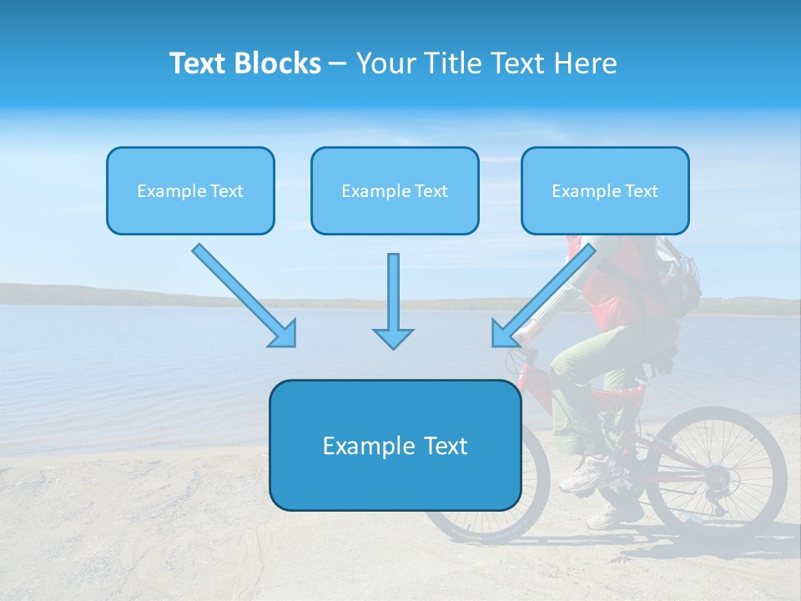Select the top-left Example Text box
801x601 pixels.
click(x=190, y=190)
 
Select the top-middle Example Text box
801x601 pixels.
click(x=395, y=190)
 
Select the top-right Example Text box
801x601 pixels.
click(x=605, y=190)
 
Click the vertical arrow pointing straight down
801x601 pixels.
click(x=393, y=300)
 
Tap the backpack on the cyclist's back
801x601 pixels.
click(x=680, y=275)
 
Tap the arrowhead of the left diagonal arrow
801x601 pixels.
click(x=284, y=334)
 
